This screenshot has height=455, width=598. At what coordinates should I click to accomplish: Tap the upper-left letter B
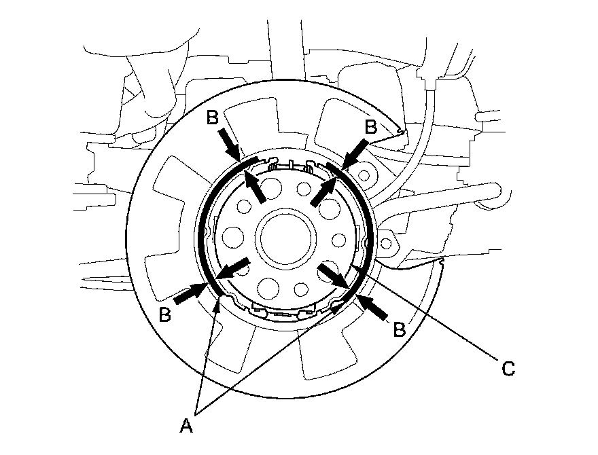[x=212, y=117]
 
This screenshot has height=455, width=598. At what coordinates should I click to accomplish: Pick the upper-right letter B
[x=370, y=126]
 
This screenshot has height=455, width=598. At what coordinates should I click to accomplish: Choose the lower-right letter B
[x=399, y=330]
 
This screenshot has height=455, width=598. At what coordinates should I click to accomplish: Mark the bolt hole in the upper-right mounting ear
[x=366, y=175]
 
